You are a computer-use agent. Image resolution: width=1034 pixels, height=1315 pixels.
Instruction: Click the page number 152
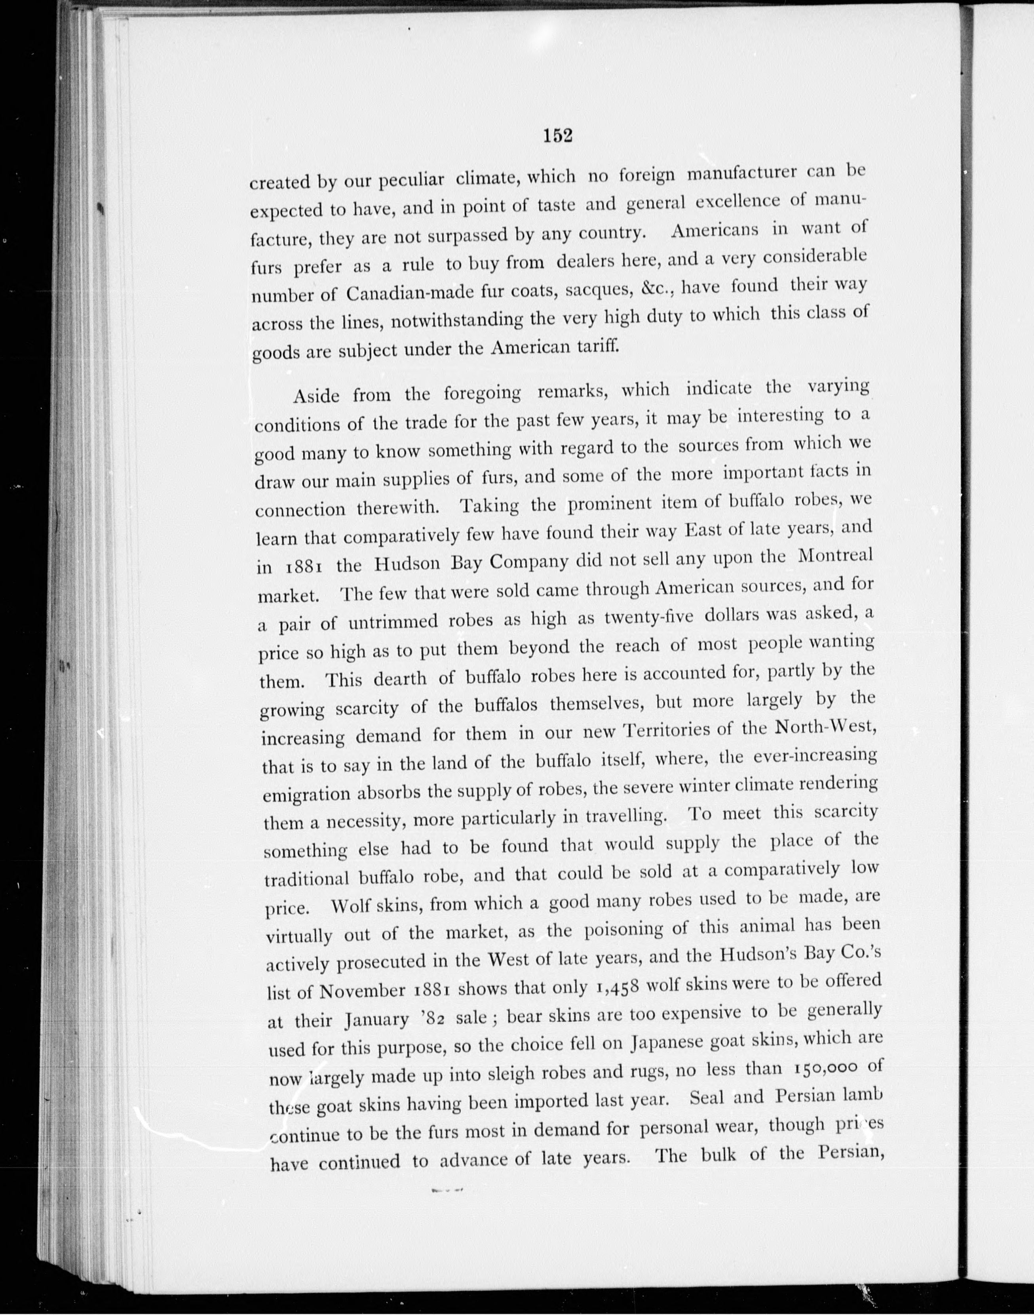pos(557,135)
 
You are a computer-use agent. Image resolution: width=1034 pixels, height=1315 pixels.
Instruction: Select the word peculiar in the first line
pos(412,180)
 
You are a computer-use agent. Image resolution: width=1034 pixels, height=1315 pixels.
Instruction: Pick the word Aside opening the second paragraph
pos(317,396)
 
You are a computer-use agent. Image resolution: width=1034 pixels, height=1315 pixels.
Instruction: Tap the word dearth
pos(399,678)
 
